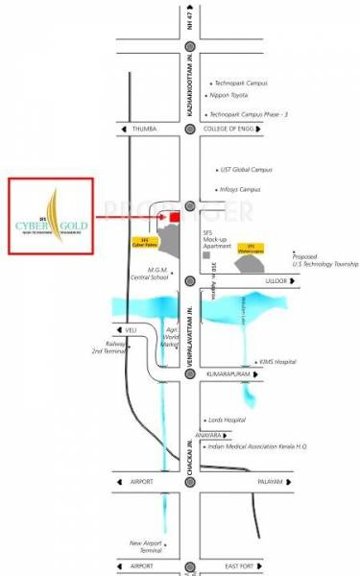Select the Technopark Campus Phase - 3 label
point(252,114)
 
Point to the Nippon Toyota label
point(235,98)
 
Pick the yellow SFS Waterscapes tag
point(252,247)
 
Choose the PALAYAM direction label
point(296,480)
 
